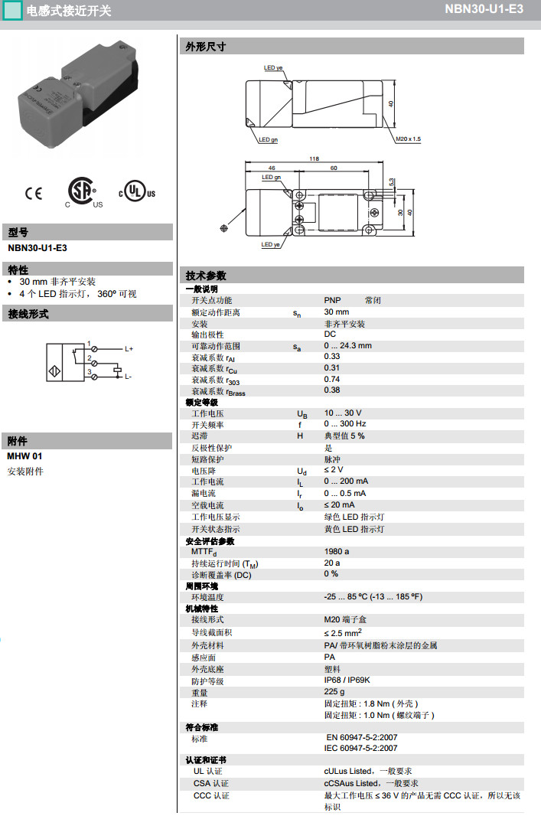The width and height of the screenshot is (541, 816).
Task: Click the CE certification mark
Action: click(x=34, y=193)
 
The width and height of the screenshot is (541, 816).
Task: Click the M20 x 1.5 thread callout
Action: click(x=409, y=139)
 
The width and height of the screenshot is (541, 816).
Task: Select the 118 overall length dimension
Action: click(x=314, y=158)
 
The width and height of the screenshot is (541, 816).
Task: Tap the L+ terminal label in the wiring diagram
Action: click(x=129, y=349)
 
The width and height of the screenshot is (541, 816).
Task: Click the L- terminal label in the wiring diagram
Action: click(x=129, y=377)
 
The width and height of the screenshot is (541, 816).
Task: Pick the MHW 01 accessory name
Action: click(x=25, y=457)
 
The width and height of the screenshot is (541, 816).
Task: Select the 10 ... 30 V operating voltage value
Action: click(x=343, y=413)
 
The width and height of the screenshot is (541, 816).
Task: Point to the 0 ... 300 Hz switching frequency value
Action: click(x=345, y=424)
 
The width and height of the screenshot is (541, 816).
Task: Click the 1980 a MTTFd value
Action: click(x=337, y=551)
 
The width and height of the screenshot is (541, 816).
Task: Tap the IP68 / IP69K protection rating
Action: click(x=347, y=681)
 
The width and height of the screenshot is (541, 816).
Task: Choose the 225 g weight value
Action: click(x=334, y=692)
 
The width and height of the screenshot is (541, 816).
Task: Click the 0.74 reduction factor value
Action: click(x=332, y=379)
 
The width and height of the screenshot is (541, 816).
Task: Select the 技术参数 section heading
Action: click(x=206, y=276)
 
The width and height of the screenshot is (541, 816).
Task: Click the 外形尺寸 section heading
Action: click(x=206, y=47)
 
